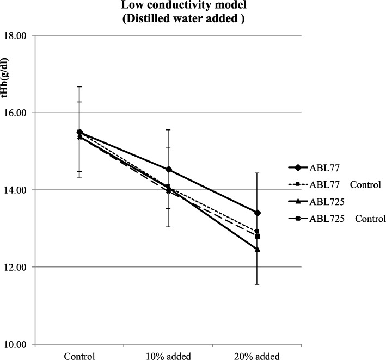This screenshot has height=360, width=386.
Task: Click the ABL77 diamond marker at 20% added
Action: point(257,213)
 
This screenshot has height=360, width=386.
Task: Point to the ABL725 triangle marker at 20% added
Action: point(257,249)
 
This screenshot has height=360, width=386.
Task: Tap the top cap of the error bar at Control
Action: point(79,86)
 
